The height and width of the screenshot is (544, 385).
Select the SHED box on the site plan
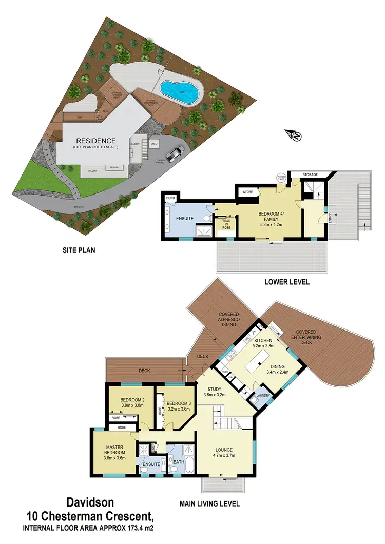[153, 144]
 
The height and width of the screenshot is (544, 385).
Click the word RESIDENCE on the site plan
[96, 141]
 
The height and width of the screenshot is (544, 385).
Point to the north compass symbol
[296, 135]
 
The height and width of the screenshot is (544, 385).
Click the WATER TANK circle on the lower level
[281, 178]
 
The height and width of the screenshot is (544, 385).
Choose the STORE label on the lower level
[248, 193]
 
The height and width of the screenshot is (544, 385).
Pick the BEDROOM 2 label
[133, 400]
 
